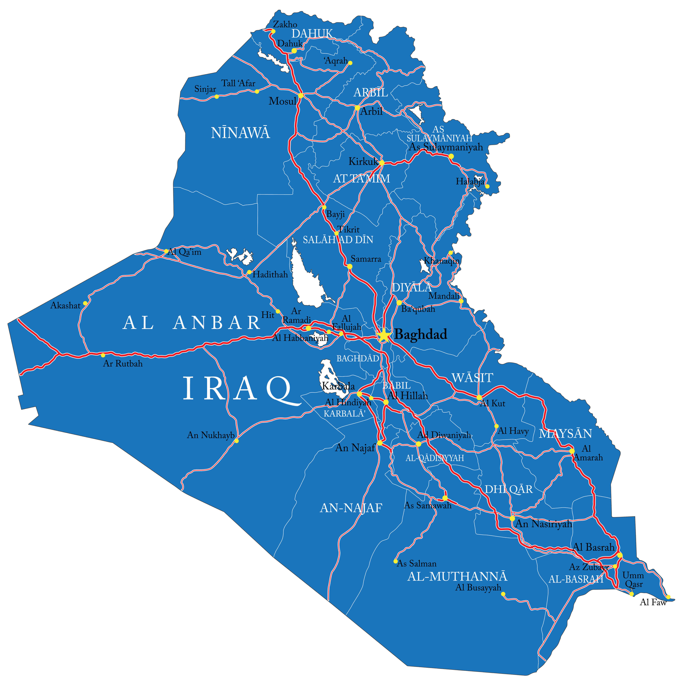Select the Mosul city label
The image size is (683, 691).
[x=282, y=101]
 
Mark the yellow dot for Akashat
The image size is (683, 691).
[x=85, y=303]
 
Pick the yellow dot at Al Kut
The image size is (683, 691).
[x=479, y=397]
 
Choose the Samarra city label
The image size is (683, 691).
[x=366, y=259]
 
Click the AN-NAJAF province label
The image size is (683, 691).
[x=351, y=508]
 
